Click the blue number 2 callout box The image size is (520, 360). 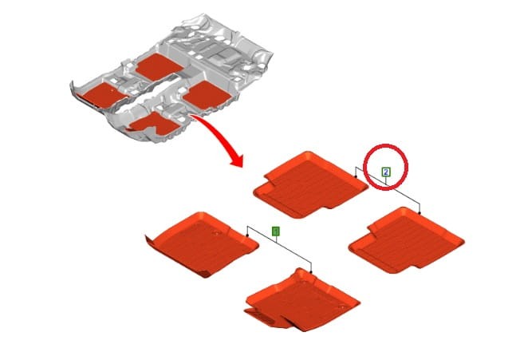386,172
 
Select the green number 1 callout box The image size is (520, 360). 276,231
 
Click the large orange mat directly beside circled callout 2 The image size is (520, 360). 310,184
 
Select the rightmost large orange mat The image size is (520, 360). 406,240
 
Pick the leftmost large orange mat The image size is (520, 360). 202,244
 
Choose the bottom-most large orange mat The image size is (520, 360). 301,299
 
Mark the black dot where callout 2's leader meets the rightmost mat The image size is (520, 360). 420,212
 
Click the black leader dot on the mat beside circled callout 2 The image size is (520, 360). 356,177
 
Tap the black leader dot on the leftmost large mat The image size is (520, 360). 247,235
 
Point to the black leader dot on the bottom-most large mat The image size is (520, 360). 311,272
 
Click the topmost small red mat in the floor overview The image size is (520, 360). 160,67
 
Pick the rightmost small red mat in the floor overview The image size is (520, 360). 207,94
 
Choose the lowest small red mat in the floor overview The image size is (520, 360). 155,124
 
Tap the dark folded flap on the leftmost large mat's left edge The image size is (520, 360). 150,241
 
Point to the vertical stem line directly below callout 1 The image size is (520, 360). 276,239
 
